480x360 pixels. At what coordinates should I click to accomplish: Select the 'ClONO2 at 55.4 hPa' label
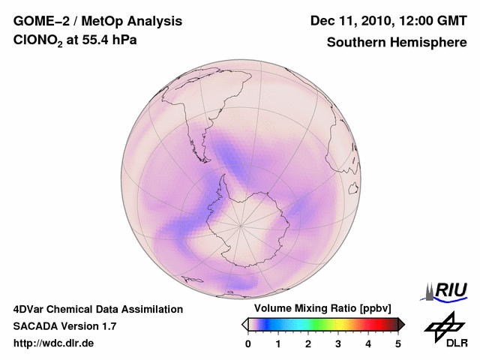coord(76,42)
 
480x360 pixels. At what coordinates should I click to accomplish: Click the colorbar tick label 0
coord(248,343)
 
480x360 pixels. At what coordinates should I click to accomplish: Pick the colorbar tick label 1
coord(278,343)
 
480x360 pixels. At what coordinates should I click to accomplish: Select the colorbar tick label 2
coord(308,343)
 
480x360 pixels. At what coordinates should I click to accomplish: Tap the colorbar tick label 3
coord(338,343)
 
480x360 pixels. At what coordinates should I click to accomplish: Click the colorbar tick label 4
coord(368,343)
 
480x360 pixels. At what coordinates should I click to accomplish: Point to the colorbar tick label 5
coord(398,343)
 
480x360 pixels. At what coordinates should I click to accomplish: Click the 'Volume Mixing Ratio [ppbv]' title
coord(319,308)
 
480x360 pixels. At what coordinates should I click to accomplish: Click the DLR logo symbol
coord(444,324)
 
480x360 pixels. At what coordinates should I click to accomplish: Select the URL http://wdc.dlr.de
coord(54,343)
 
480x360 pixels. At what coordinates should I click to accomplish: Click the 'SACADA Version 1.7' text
coord(64,326)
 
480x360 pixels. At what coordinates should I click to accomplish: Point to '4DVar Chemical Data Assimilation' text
coord(98,309)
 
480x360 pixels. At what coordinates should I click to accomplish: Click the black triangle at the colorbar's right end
coord(401,324)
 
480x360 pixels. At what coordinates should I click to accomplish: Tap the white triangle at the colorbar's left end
coord(244,324)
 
